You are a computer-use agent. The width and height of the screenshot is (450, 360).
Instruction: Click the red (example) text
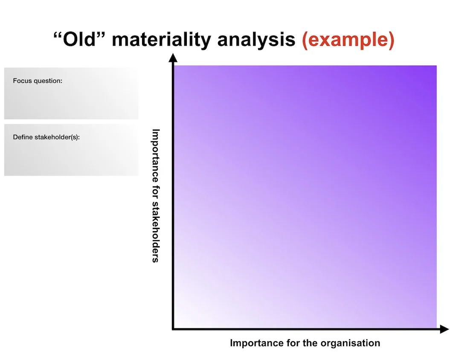click(x=348, y=40)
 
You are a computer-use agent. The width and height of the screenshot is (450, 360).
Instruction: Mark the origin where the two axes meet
click(x=173, y=329)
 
